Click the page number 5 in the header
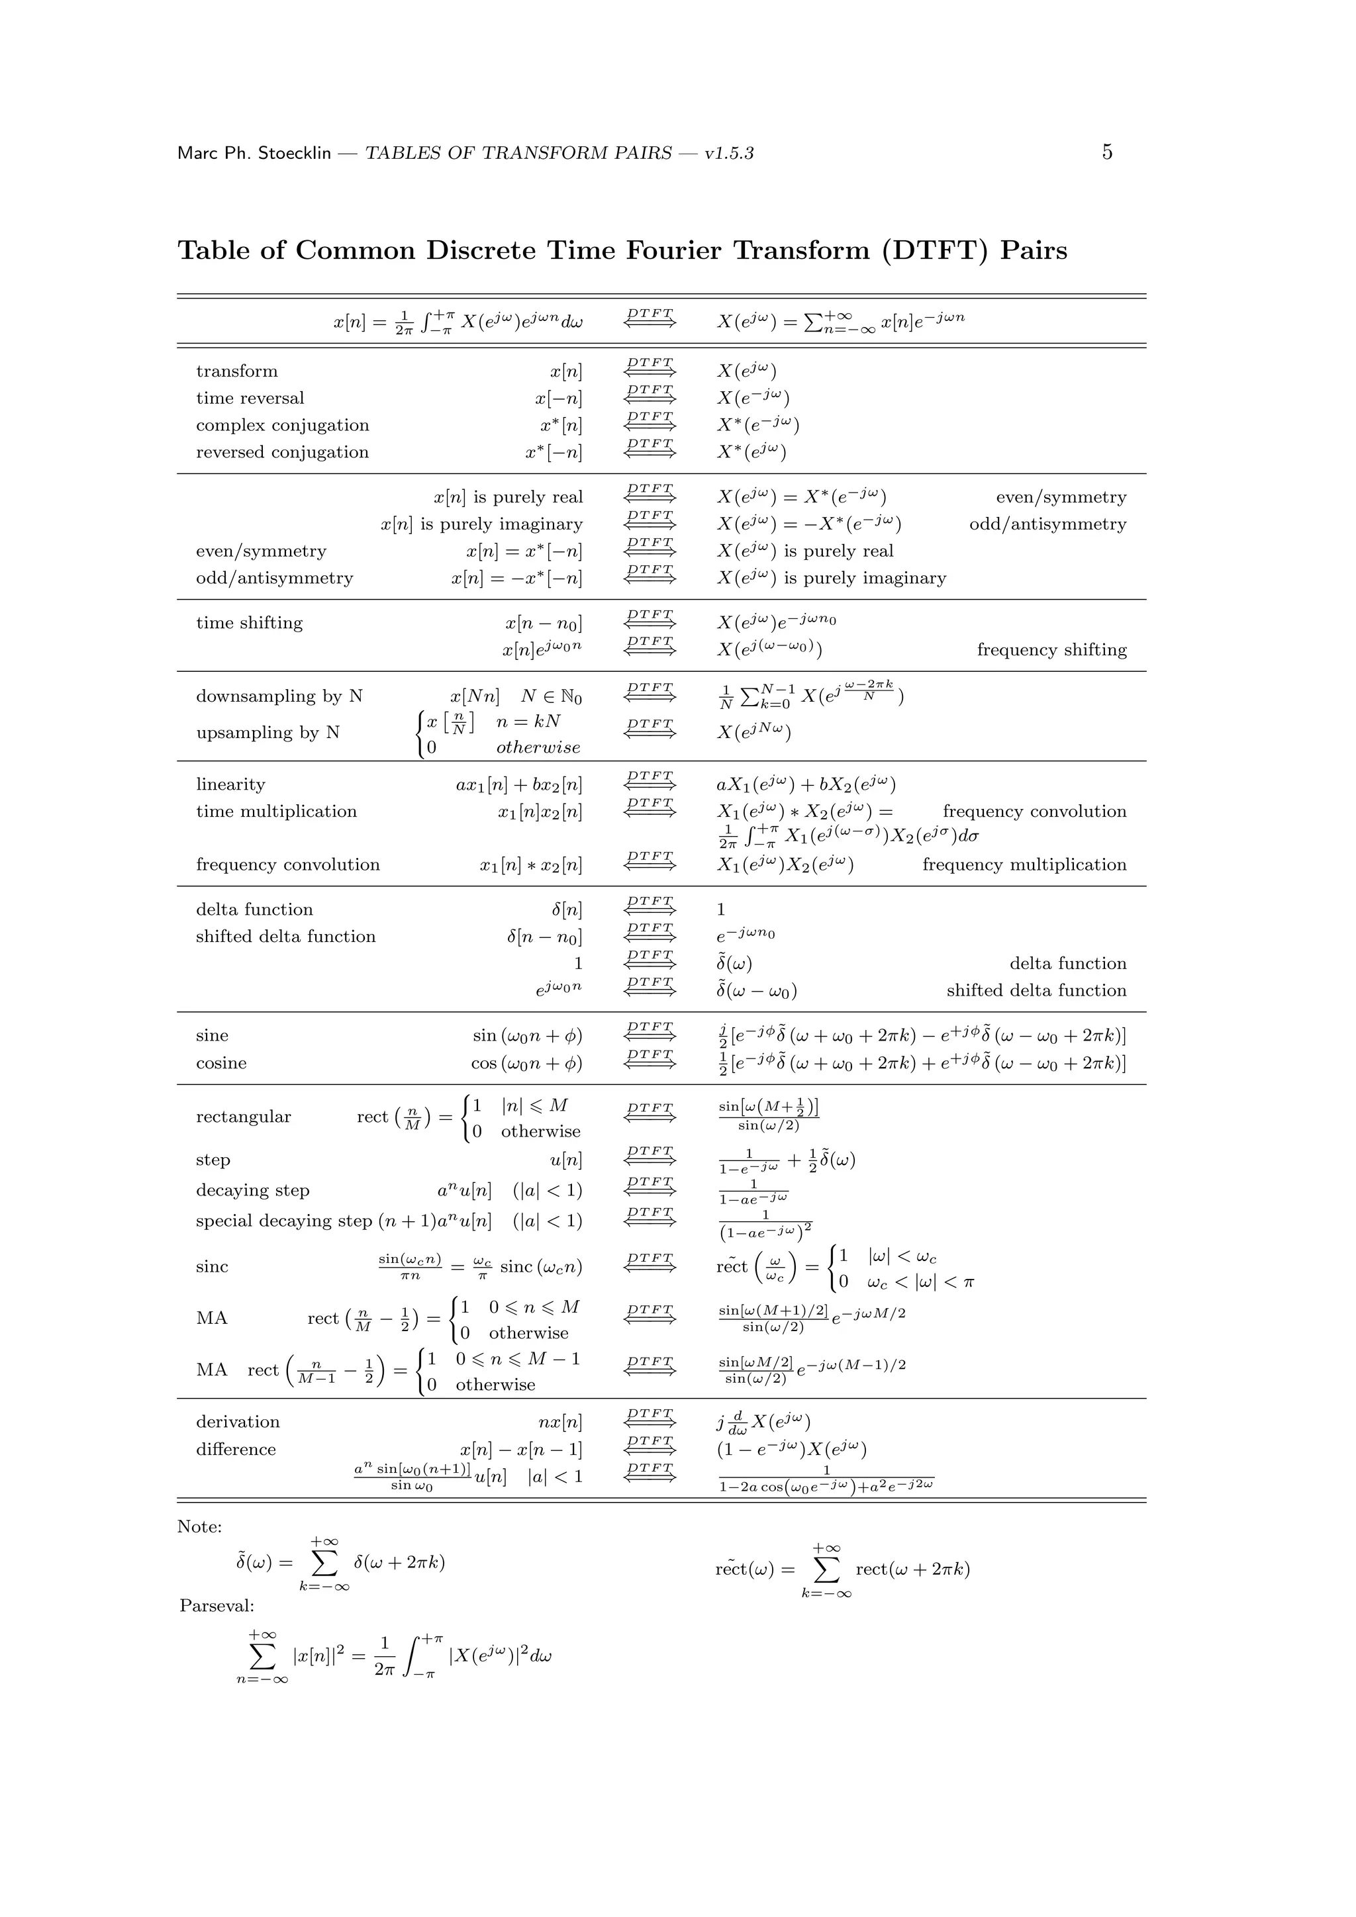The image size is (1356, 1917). point(1106,152)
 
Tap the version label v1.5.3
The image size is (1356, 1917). point(729,154)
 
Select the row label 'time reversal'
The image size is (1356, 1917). point(250,398)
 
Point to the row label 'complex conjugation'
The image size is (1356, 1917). point(282,425)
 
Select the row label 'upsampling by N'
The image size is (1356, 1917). point(267,732)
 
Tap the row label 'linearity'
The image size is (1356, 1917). point(230,785)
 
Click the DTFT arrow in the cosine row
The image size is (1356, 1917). point(650,1058)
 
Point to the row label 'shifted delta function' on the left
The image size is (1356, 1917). point(285,937)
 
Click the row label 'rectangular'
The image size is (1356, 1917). point(243,1117)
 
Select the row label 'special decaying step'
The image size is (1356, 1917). point(284,1221)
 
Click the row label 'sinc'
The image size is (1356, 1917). point(212,1266)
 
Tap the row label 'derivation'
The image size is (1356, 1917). point(237,1422)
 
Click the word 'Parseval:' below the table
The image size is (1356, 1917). point(217,1606)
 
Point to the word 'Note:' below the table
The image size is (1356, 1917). point(199,1527)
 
